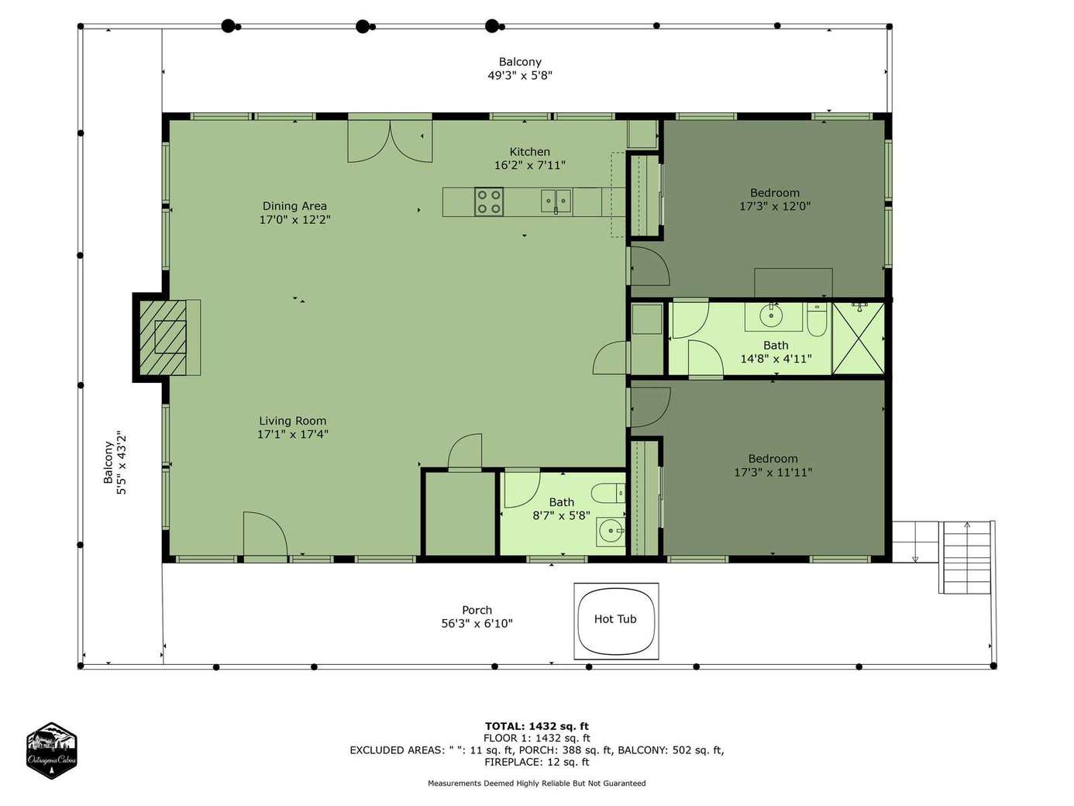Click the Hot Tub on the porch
click(x=615, y=621)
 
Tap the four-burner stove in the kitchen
click(x=489, y=201)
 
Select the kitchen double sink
click(x=556, y=201)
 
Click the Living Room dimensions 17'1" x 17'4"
click(x=293, y=434)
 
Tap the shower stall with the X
click(x=859, y=339)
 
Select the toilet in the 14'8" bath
click(x=817, y=320)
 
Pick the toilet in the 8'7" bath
click(x=608, y=493)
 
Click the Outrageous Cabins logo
click(x=51, y=750)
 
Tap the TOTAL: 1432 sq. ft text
click(x=537, y=726)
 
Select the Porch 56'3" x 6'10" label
click(x=477, y=617)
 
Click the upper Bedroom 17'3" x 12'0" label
click(x=775, y=199)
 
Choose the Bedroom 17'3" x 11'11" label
click(x=773, y=466)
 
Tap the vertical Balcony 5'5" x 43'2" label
click(x=115, y=463)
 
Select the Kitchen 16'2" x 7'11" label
click(x=530, y=158)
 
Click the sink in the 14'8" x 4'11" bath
click(x=772, y=317)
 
